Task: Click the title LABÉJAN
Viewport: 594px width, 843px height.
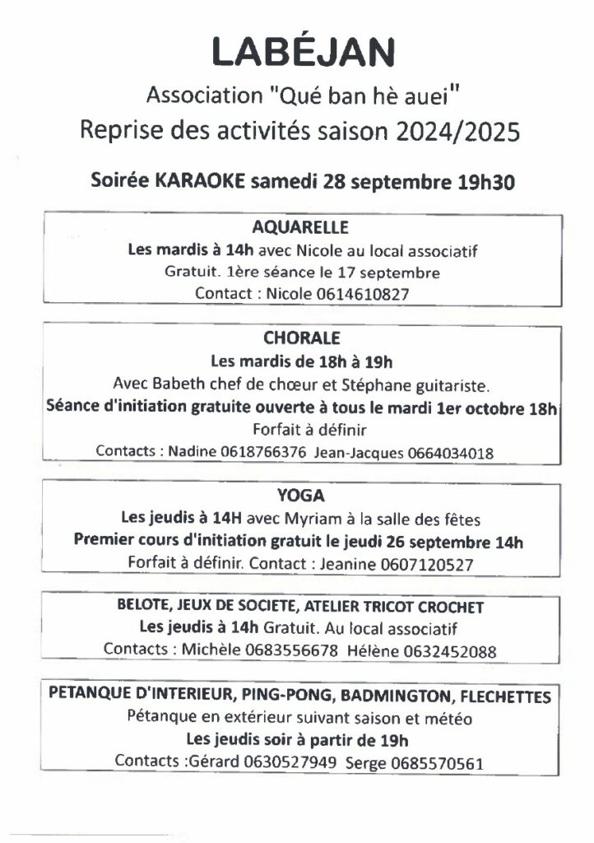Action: click(x=302, y=51)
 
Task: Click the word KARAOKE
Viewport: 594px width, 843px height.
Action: click(x=199, y=182)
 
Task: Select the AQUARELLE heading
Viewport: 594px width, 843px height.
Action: click(x=302, y=227)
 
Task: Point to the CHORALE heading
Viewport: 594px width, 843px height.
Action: click(x=302, y=338)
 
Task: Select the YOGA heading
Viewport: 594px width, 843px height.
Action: click(x=302, y=496)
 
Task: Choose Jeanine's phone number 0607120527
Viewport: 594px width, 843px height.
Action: click(x=428, y=564)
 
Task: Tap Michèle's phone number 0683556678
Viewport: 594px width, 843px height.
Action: click(x=291, y=650)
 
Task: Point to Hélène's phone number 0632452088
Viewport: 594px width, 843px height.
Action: click(x=450, y=650)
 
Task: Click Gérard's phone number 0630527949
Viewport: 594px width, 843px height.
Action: click(x=290, y=761)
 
